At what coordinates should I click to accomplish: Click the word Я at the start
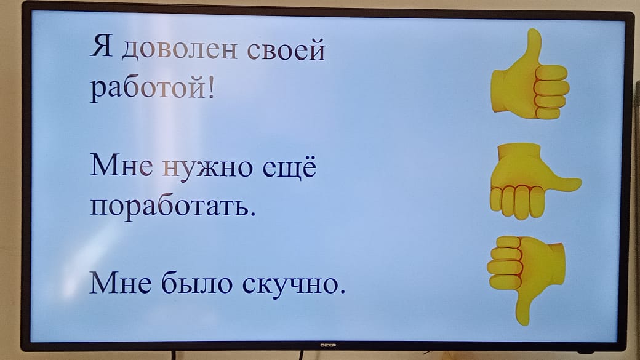[101, 46]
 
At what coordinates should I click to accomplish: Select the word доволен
[180, 50]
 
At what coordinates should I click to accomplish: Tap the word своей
[286, 49]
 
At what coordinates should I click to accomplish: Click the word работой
[148, 88]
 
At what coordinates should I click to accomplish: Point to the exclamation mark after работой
[210, 87]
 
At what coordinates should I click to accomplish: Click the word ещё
[289, 166]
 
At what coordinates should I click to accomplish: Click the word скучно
[290, 284]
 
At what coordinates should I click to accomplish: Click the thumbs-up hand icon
[530, 74]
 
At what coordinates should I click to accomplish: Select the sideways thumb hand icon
[535, 181]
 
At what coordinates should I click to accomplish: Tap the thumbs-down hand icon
[526, 280]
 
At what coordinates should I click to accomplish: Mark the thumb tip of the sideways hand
[580, 182]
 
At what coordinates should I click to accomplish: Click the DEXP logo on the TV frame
[328, 345]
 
